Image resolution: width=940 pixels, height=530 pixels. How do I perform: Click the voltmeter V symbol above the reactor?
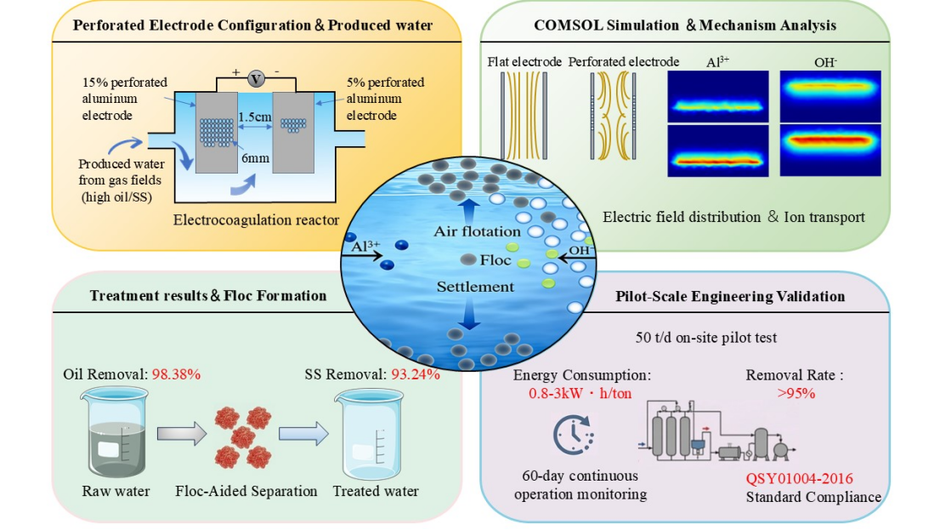256,78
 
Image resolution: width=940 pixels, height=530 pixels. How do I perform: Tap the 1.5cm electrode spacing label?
255,117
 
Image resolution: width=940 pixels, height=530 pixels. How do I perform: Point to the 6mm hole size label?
255,158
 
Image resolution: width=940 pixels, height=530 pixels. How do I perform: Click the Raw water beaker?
115,432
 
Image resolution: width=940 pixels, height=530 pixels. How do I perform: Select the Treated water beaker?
370,434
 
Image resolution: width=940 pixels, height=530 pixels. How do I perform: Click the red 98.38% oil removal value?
176,374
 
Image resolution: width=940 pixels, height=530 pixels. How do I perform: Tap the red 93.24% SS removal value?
416,374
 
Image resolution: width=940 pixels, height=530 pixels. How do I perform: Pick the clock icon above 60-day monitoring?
573,434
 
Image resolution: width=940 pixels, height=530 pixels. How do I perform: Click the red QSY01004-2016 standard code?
799,478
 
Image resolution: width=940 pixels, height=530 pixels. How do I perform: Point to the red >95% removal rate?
796,393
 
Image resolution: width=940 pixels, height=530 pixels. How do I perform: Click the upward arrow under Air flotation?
469,211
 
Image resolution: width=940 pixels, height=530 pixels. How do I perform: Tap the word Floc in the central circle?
495,260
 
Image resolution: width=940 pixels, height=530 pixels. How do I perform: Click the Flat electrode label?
524,62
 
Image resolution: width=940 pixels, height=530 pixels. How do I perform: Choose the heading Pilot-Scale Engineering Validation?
730,296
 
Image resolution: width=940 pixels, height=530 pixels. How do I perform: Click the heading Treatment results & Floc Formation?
208,295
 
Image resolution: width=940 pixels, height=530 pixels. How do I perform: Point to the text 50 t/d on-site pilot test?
706,338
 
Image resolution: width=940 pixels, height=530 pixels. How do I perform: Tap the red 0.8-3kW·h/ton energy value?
580,393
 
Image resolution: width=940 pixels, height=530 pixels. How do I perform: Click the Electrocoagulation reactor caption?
256,220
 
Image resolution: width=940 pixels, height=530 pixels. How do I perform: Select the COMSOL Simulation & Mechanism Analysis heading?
685,26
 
